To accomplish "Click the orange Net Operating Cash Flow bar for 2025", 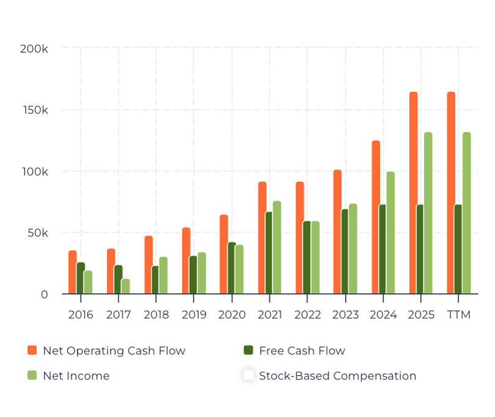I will (414, 193).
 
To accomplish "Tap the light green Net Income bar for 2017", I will (125, 286).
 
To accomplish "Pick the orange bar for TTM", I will (451, 193).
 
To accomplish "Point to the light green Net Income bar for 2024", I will (390, 233).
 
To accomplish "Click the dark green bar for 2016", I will (81, 278).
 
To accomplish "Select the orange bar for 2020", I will (224, 254).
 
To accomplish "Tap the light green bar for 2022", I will (315, 257).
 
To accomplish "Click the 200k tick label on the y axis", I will (34, 49).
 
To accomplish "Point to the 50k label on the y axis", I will (36, 233).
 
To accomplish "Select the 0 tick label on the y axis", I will (44, 295).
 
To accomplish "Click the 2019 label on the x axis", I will (194, 315).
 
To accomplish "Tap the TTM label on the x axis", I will (459, 315).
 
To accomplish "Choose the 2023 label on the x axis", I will (345, 315).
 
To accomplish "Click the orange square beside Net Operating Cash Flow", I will (32, 350).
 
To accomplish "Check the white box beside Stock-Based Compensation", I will (248, 375).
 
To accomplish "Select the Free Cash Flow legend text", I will (302, 351).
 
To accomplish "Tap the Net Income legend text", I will (76, 376).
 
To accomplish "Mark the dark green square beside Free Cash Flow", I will (248, 350).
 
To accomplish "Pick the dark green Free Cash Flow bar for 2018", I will (155, 280).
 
